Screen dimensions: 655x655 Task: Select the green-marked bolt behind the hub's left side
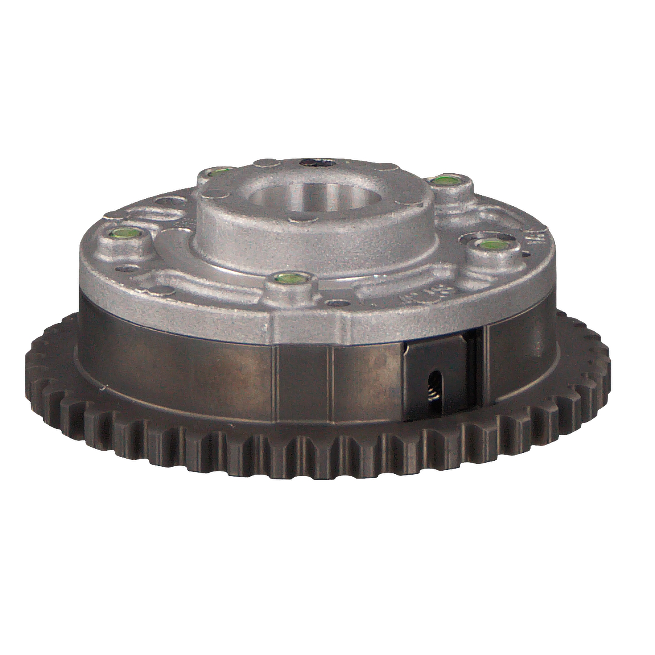[x=217, y=171]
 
